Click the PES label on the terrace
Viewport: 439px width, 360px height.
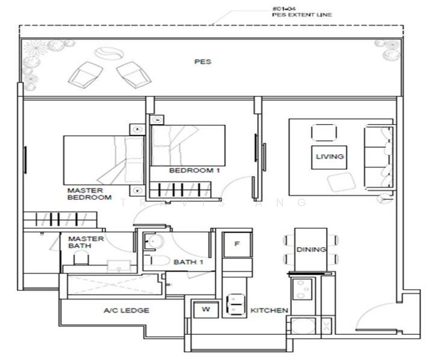tap(203, 62)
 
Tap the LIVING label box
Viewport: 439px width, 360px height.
tap(330, 157)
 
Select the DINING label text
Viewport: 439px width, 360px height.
tap(311, 249)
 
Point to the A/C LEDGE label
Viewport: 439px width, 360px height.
tap(126, 310)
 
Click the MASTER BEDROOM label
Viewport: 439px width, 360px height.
tap(89, 194)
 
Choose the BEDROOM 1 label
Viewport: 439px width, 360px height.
tap(191, 170)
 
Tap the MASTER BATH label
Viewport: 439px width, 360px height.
tap(85, 242)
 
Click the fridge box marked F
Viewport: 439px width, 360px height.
tap(237, 244)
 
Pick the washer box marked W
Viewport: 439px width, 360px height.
tap(205, 310)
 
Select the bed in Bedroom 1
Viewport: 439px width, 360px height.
tap(187, 145)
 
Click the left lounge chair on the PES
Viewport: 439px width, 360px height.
tap(85, 74)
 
